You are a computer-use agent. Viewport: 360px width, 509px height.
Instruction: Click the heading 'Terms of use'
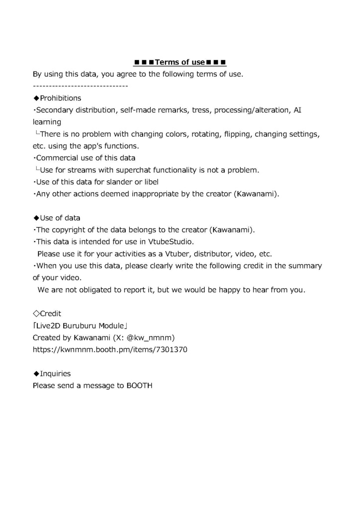(x=180, y=62)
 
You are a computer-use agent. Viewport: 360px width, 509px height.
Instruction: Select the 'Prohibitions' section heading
(x=60, y=98)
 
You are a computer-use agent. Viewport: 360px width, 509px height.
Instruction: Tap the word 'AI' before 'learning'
(x=297, y=110)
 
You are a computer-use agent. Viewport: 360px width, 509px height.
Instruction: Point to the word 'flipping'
(x=238, y=134)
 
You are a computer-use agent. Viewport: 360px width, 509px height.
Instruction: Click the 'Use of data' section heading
(x=60, y=218)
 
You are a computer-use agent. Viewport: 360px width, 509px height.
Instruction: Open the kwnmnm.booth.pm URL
(x=110, y=350)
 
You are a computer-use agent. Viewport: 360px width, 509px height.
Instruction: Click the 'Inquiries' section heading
(x=55, y=373)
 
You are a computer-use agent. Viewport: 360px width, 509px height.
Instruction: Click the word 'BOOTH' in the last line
(x=139, y=385)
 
